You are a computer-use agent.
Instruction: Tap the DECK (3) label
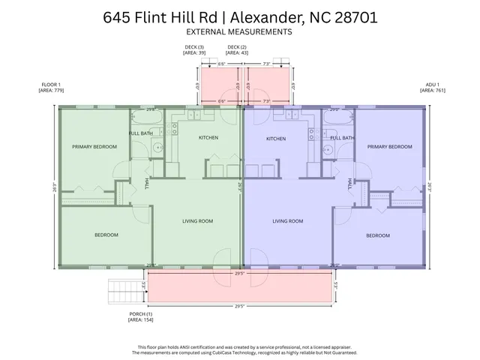[194, 50]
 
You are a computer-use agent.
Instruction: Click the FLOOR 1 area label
[52, 88]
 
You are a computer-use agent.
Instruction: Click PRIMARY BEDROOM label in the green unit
[94, 147]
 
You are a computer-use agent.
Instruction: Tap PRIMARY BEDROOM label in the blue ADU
[389, 147]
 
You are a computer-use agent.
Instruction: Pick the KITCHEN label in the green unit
[208, 138]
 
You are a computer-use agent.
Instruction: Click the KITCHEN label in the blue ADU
[276, 139]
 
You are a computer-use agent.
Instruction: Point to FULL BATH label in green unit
[140, 133]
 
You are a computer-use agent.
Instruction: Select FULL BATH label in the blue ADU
[343, 138]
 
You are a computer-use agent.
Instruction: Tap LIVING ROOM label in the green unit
[199, 221]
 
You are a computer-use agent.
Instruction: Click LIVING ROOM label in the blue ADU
[287, 221]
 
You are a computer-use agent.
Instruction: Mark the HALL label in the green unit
[146, 182]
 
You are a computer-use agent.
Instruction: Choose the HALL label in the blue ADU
[350, 183]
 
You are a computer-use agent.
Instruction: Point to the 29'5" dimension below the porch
[240, 306]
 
